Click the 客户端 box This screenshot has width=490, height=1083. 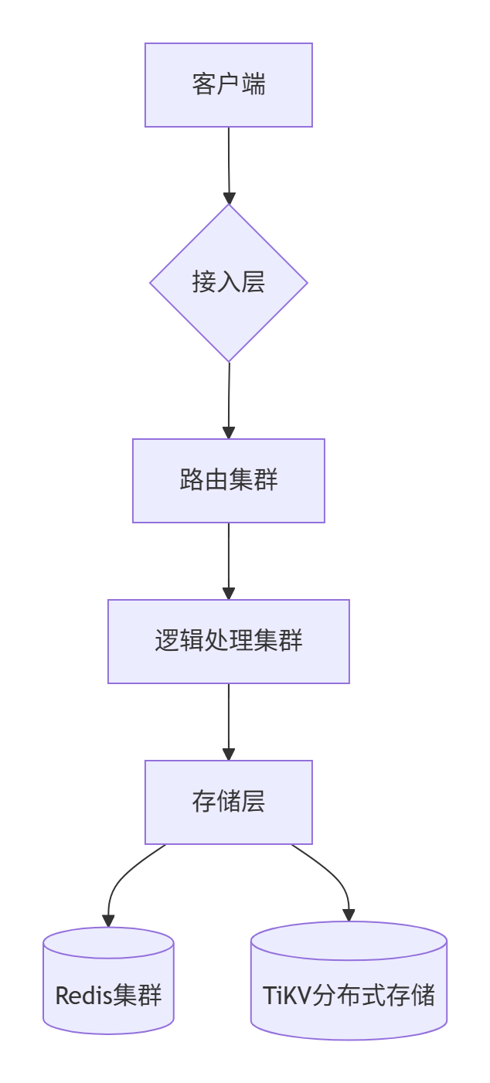(229, 85)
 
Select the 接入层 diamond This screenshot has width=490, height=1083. (229, 283)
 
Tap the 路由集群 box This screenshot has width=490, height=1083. (229, 481)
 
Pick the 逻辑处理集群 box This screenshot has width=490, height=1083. (229, 642)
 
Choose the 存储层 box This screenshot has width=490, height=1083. (229, 802)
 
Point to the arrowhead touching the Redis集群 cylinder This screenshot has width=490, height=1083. (108, 921)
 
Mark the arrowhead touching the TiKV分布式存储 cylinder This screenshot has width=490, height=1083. (349, 915)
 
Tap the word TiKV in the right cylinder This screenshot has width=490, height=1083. (286, 996)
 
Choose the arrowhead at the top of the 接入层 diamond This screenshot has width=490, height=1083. (229, 198)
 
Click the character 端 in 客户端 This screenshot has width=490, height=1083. (254, 84)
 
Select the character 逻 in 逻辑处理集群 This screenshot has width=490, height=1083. (167, 641)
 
